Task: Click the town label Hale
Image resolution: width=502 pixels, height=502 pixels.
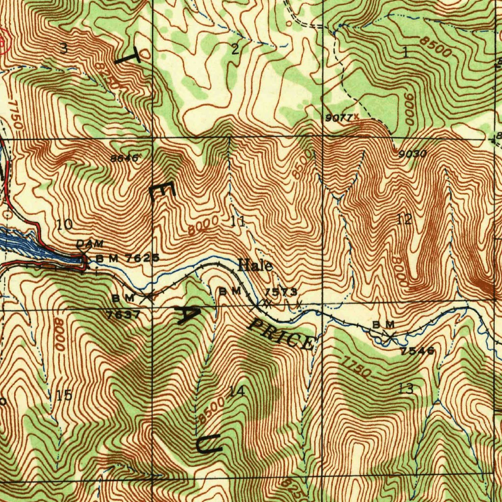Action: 255,266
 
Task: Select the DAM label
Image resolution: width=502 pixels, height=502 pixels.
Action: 90,244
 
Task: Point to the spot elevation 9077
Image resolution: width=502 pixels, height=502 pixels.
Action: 338,118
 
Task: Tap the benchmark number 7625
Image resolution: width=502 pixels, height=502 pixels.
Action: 142,258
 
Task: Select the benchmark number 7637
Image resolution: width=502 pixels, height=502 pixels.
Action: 124,315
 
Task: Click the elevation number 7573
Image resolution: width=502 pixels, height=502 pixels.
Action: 281,292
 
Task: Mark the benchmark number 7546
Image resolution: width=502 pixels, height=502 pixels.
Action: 417,351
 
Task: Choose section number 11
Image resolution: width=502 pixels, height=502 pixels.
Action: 238,221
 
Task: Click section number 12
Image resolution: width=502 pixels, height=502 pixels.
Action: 404,220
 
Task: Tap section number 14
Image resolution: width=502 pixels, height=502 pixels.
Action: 237,391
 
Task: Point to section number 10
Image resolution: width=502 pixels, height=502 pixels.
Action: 65,225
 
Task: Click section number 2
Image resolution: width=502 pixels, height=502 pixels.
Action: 235,49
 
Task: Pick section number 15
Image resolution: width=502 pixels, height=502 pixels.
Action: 64,395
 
